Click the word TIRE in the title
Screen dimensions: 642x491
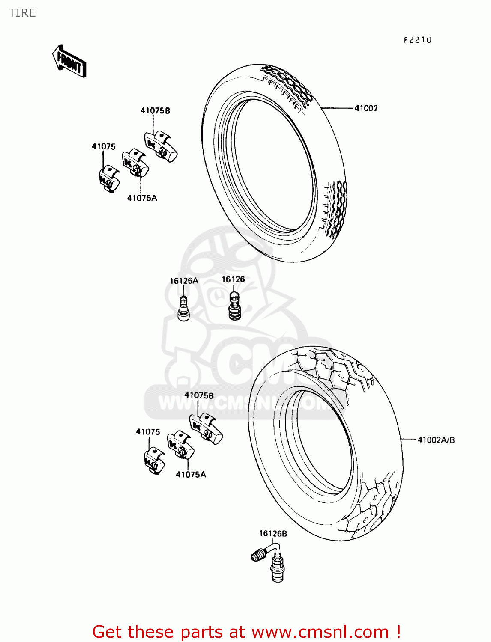click(22, 13)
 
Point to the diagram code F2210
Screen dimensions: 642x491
click(417, 40)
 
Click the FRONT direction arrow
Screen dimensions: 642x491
click(69, 61)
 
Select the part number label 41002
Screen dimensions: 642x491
click(366, 108)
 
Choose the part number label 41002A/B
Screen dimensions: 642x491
click(436, 440)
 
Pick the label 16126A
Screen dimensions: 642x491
click(184, 281)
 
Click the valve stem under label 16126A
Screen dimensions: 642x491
click(183, 309)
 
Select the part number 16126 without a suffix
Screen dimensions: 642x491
click(233, 279)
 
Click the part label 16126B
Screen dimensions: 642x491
click(273, 534)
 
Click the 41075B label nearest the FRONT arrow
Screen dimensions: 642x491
click(155, 111)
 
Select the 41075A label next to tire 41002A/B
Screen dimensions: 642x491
click(191, 475)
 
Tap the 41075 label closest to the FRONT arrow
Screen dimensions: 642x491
click(103, 147)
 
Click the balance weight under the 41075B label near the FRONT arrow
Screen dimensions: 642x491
click(160, 146)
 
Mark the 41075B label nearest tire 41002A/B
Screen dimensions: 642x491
click(199, 395)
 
